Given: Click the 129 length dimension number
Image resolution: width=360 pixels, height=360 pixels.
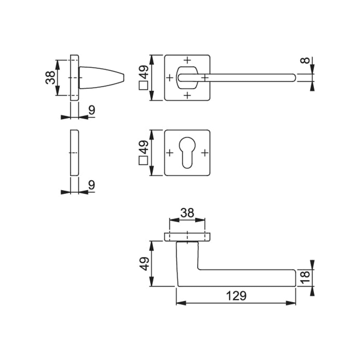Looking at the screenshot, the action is click(236, 296).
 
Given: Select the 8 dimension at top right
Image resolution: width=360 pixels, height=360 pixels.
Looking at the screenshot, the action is click(306, 61).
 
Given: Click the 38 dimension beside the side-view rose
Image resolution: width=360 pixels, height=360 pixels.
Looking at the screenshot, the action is click(50, 78).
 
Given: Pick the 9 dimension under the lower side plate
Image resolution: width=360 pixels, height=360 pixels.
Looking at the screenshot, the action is click(91, 185).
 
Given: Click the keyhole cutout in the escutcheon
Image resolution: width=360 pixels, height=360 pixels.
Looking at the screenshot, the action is click(187, 153).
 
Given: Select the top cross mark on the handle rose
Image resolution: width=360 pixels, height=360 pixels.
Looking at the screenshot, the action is click(187, 60).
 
